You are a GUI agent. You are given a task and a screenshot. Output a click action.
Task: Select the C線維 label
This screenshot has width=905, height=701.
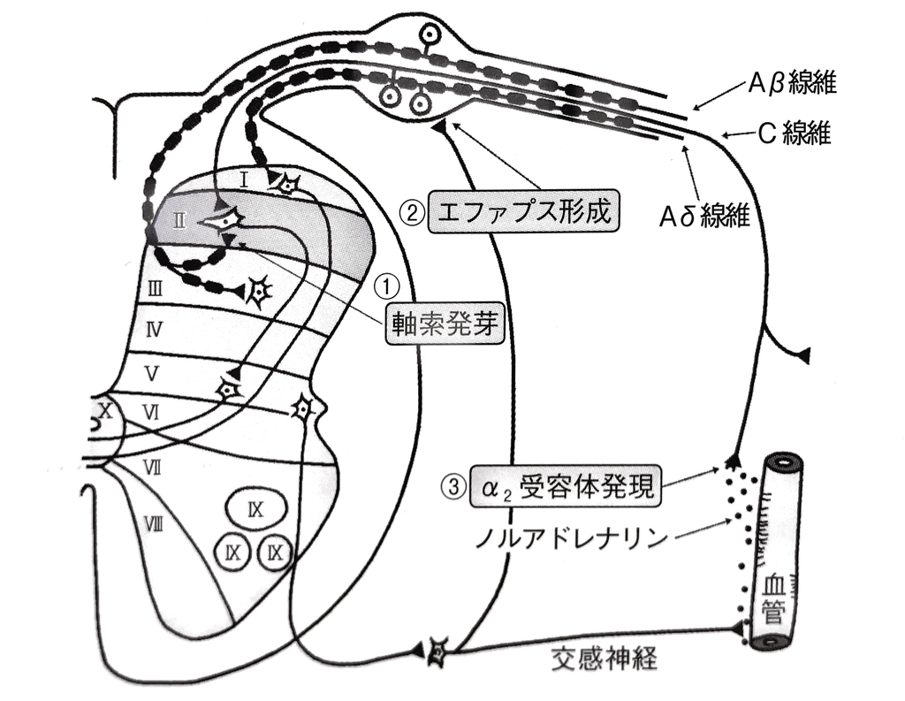(x=795, y=134)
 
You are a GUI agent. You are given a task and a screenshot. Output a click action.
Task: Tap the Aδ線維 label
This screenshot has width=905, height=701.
(x=704, y=217)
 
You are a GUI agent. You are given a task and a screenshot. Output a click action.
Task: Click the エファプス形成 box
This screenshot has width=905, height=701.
(x=524, y=212)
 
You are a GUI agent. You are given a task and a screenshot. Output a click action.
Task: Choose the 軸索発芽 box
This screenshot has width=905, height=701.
(x=444, y=324)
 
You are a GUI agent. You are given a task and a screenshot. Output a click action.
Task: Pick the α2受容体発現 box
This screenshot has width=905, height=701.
(x=566, y=487)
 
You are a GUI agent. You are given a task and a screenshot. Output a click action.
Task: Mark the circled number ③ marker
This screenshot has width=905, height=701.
(x=454, y=487)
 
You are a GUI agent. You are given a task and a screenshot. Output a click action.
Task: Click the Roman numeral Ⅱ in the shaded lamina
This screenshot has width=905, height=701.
(x=179, y=220)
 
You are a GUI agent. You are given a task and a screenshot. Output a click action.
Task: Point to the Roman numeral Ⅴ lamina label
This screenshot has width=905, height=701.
(x=152, y=374)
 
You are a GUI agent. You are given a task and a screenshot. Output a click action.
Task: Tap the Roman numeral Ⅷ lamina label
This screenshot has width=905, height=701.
(x=153, y=524)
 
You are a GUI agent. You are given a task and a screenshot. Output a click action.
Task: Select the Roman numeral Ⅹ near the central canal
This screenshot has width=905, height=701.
(x=106, y=411)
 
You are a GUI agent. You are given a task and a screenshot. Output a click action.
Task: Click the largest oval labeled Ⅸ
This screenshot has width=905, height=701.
(x=255, y=508)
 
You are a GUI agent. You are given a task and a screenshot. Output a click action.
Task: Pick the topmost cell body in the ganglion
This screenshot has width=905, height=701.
(x=430, y=34)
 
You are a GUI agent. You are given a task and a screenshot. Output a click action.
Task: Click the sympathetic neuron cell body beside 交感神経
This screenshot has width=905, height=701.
(x=437, y=652)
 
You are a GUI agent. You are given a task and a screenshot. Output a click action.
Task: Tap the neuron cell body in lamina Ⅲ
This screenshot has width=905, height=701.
(x=259, y=291)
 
